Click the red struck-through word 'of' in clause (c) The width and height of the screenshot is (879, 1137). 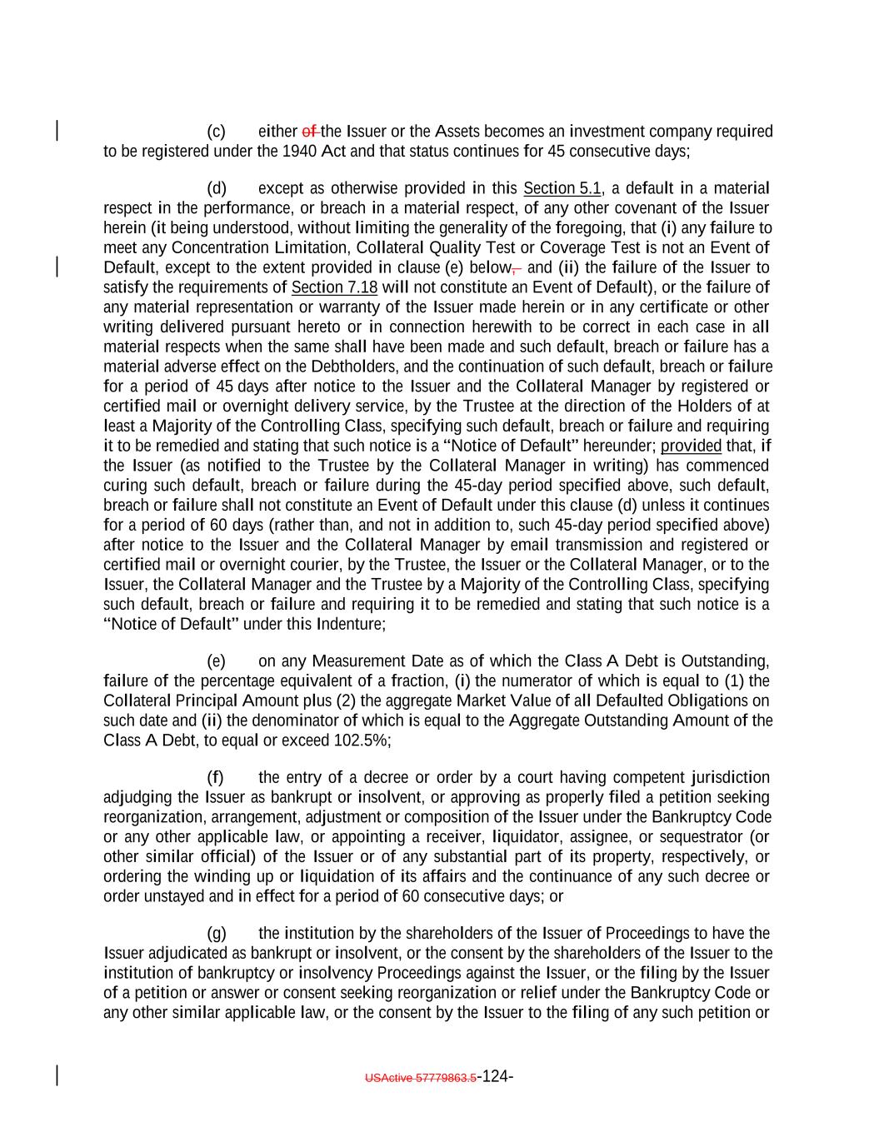tap(309, 132)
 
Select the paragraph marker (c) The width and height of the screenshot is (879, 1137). tap(216, 132)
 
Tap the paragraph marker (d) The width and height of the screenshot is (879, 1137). tap(216, 188)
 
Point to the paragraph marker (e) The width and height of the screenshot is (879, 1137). tap(216, 661)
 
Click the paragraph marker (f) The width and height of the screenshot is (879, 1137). tap(215, 778)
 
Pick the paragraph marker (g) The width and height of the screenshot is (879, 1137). tap(216, 934)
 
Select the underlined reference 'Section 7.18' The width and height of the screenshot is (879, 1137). tap(334, 287)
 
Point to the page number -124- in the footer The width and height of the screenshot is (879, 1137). tap(495, 1076)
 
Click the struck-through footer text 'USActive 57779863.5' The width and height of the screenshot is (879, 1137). tap(421, 1078)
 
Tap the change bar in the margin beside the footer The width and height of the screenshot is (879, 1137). tap(56, 1075)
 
